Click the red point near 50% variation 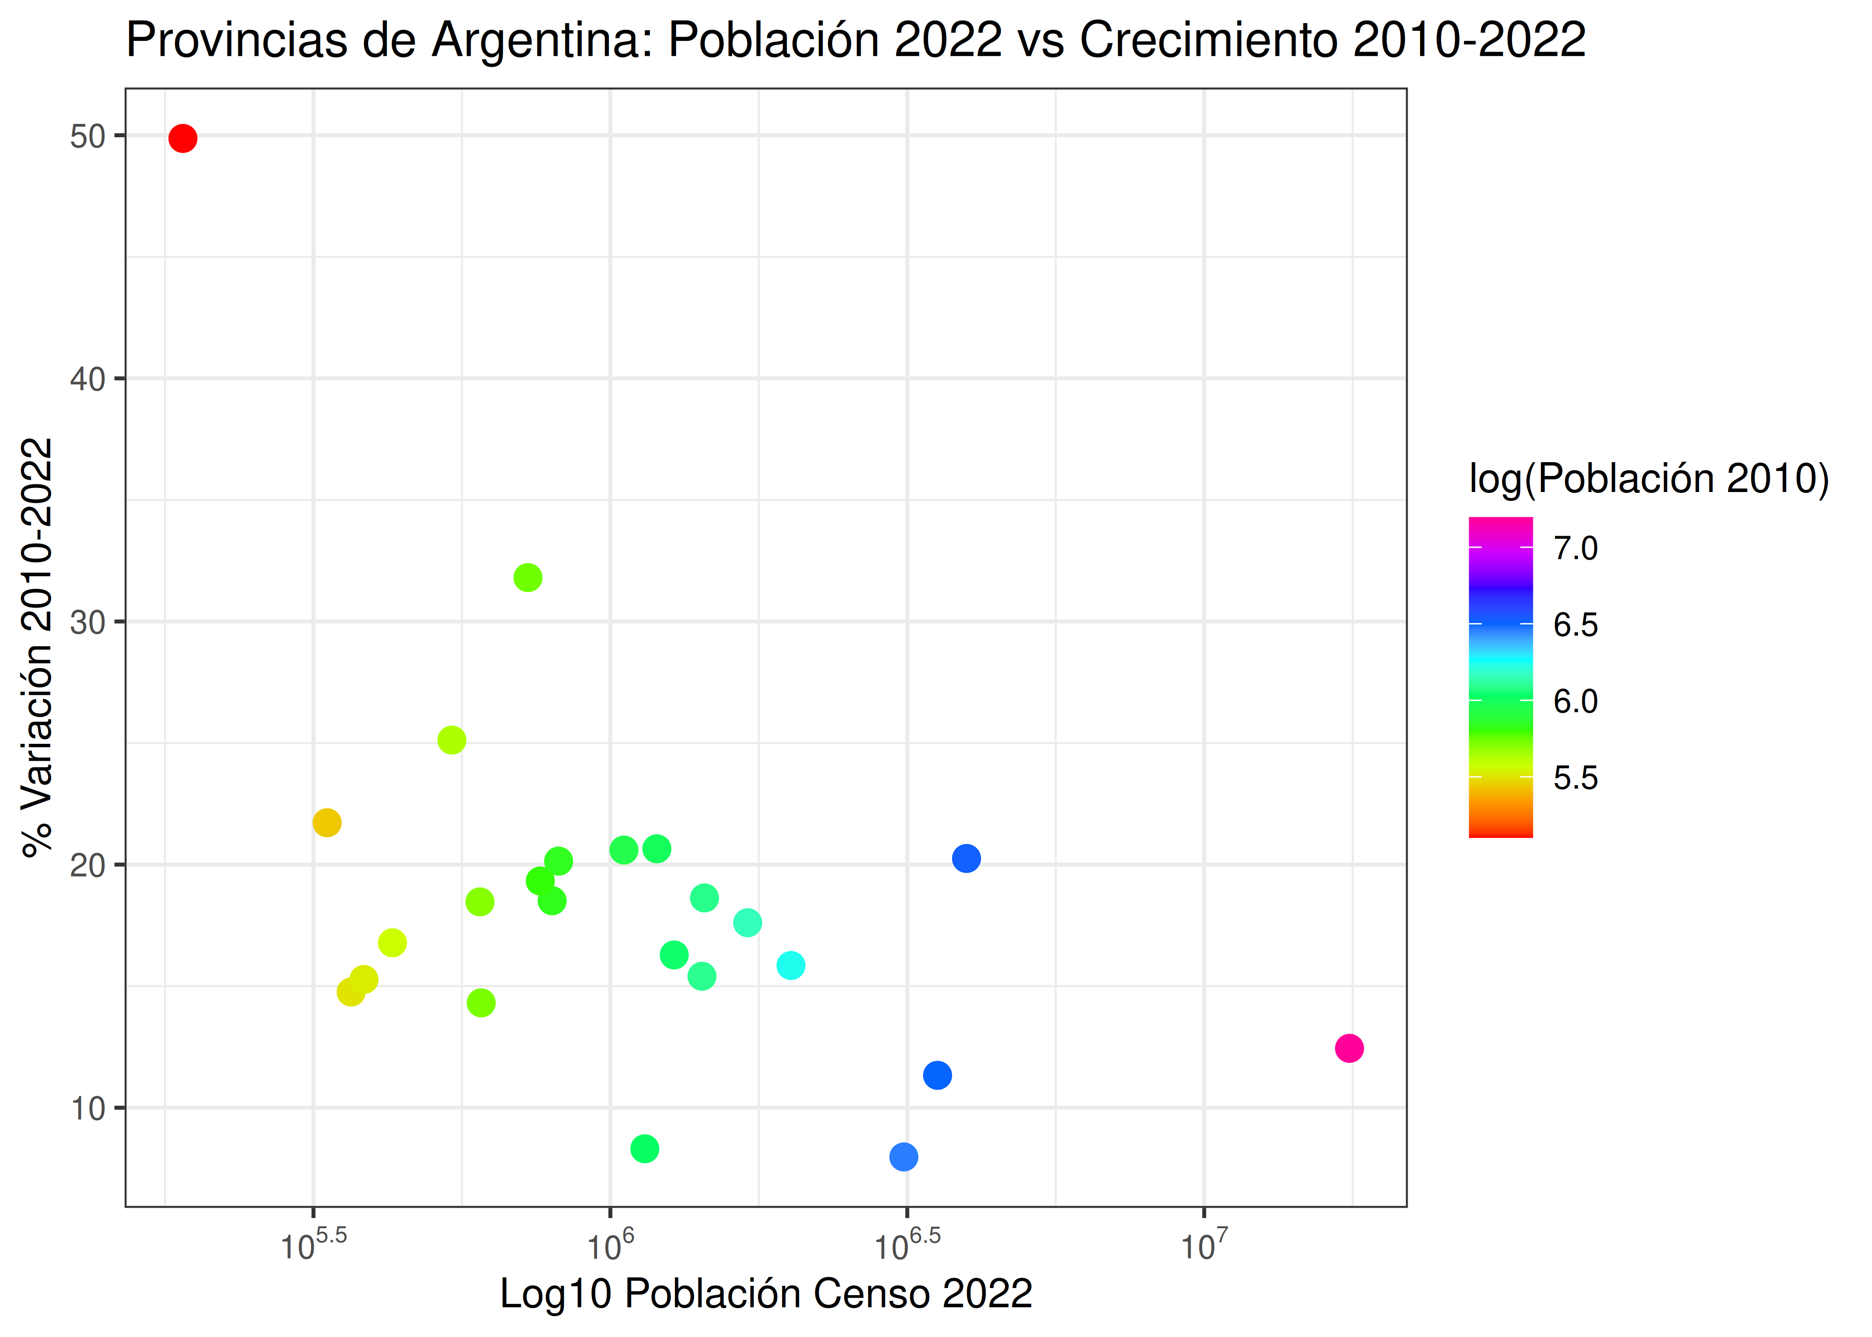coord(183,138)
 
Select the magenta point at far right coord(1348,1048)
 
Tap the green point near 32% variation coord(528,578)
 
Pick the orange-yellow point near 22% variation coord(327,822)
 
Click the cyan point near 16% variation coord(790,966)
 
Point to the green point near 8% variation coord(645,1148)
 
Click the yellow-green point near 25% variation coord(451,740)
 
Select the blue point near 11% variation coord(937,1075)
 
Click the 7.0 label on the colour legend coord(1575,548)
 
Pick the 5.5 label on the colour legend coord(1575,778)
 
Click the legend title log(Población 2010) coord(1648,478)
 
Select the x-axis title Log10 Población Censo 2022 coord(766,1293)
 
